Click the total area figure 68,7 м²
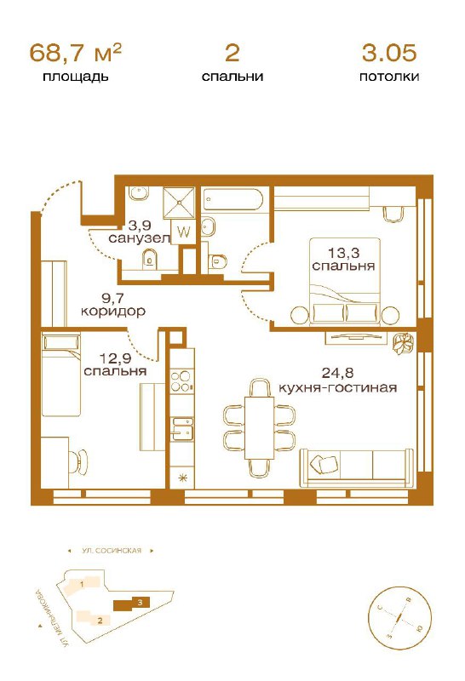click(x=75, y=53)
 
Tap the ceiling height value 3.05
click(x=389, y=53)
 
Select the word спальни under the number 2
click(x=232, y=77)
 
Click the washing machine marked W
click(x=184, y=232)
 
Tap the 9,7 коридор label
click(x=113, y=305)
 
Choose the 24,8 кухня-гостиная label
click(x=337, y=380)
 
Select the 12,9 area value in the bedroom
click(x=116, y=358)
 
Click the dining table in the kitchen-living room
click(x=259, y=428)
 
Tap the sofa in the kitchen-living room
click(x=357, y=466)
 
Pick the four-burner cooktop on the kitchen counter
click(x=181, y=381)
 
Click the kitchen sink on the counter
click(x=182, y=428)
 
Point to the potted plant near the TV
click(x=405, y=344)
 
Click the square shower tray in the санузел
click(x=179, y=203)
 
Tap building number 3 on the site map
click(x=132, y=604)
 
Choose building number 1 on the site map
click(x=83, y=585)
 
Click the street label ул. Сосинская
click(x=112, y=551)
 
